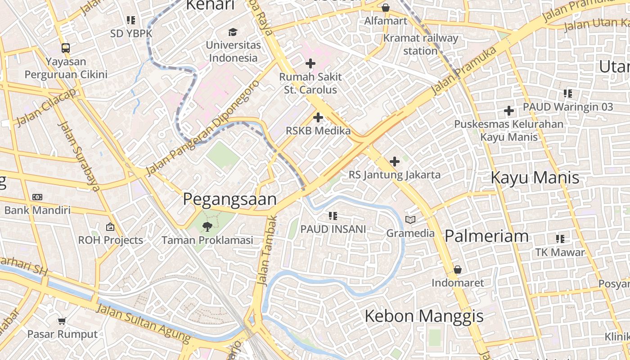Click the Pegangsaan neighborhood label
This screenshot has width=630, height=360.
pyautogui.click(x=229, y=199)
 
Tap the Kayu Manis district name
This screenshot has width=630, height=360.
pyautogui.click(x=535, y=178)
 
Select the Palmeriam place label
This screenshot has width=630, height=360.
pyautogui.click(x=486, y=236)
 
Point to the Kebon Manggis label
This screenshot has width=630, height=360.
pyautogui.click(x=424, y=316)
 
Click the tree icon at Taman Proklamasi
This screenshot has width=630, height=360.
pyautogui.click(x=207, y=226)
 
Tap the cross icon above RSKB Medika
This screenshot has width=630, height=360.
pyautogui.click(x=318, y=118)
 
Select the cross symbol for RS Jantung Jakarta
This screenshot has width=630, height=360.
pyautogui.click(x=395, y=161)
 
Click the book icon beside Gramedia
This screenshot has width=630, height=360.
pyautogui.click(x=410, y=220)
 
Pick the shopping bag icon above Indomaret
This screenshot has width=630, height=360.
pyautogui.click(x=458, y=270)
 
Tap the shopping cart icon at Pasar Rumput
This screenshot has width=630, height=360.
pyautogui.click(x=62, y=321)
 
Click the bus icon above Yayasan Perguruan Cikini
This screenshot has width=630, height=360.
pyautogui.click(x=66, y=48)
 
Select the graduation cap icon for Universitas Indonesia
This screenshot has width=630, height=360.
pyautogui.click(x=233, y=32)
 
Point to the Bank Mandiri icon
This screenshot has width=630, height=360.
pyautogui.click(x=37, y=197)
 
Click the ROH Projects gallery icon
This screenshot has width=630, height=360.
pyautogui.click(x=110, y=227)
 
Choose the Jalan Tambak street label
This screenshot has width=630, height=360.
pyautogui.click(x=266, y=250)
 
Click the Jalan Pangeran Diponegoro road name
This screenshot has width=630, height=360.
pyautogui.click(x=203, y=128)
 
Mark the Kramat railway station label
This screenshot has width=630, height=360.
pyautogui.click(x=420, y=45)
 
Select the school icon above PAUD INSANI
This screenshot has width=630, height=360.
pyautogui.click(x=333, y=216)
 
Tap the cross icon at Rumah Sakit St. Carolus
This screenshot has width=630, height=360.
pyautogui.click(x=310, y=63)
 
